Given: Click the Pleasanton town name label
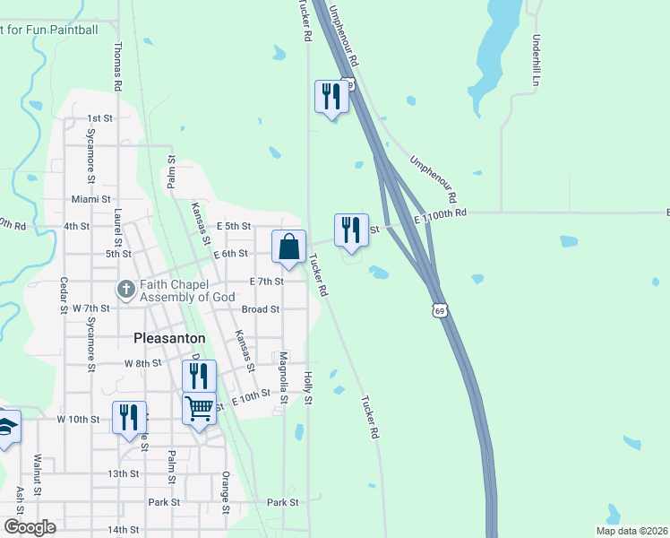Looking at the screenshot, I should [x=169, y=338].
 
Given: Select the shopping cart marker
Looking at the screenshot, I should [x=199, y=408].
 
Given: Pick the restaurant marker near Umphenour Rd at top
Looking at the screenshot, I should [x=331, y=97].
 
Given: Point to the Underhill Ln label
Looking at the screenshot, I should [x=537, y=60].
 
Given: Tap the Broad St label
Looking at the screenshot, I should [x=261, y=309].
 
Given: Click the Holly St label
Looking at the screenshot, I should [x=307, y=387].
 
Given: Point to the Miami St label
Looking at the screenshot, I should [x=90, y=199].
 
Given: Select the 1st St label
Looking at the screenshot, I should [x=99, y=118].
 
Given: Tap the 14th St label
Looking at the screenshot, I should [x=124, y=530].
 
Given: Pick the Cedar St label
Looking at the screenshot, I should [x=64, y=297].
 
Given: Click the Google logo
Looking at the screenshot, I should [x=30, y=527].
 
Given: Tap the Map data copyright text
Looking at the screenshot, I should [x=631, y=531].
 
